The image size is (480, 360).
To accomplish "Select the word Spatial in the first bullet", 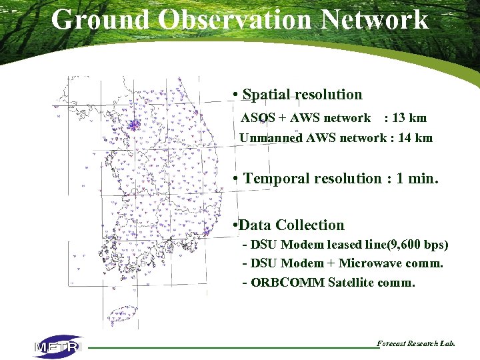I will [x=269, y=95].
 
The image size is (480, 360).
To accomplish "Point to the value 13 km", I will [x=409, y=118].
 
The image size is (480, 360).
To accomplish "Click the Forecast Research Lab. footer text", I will [x=416, y=344].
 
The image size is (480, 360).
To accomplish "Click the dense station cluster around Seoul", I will [x=135, y=124].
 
